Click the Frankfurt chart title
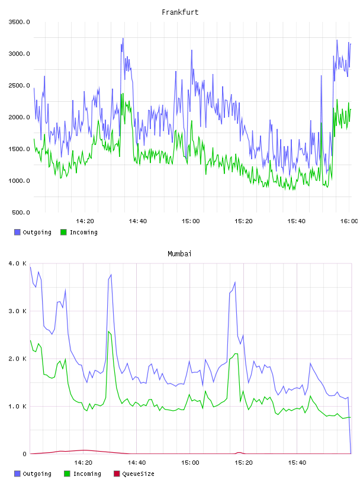point(180,12)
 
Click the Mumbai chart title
point(179,254)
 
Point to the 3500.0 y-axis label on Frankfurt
point(20,22)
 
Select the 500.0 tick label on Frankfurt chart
point(21,212)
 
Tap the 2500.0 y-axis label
point(20,86)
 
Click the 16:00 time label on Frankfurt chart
point(349,221)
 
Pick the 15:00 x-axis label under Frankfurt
point(191,221)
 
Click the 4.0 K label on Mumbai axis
point(18,263)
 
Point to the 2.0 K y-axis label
point(18,359)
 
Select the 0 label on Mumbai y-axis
point(25,454)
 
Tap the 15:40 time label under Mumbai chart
point(297,463)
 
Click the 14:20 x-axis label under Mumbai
point(83,463)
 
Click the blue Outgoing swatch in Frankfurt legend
point(17,232)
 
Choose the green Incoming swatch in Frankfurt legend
point(63,232)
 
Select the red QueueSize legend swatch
point(117,474)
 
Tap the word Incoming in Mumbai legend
point(87,474)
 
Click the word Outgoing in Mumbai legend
point(37,474)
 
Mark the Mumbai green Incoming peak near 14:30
point(108,331)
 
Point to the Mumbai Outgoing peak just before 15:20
point(235,282)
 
